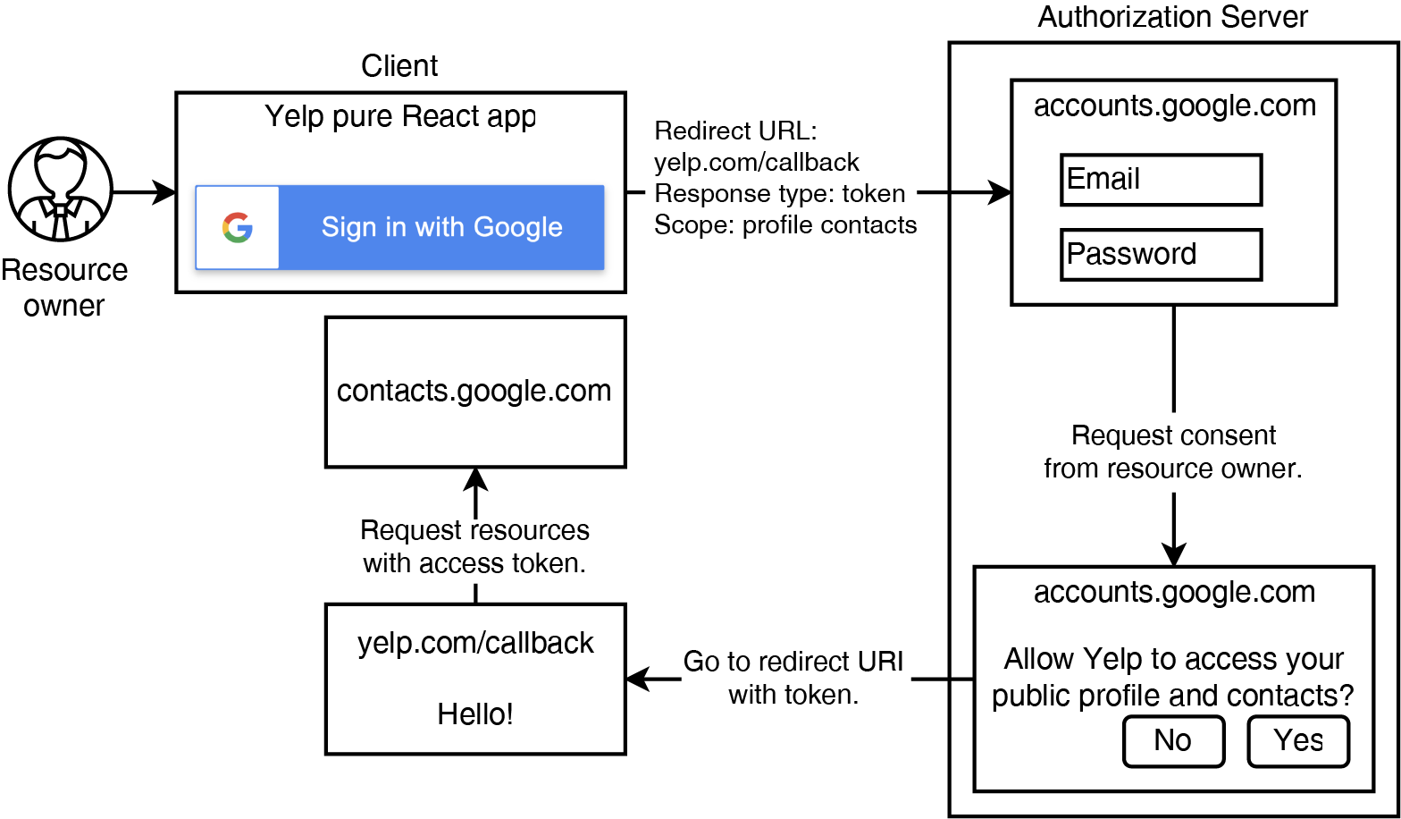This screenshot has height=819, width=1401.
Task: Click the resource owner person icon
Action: [x=61, y=190]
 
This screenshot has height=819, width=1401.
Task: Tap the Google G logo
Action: [x=238, y=227]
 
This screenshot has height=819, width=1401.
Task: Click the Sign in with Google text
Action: [x=441, y=227]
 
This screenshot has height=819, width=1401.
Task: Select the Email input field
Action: [x=1161, y=180]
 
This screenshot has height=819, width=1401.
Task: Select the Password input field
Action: [x=1161, y=255]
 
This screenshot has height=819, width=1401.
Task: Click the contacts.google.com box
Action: [x=474, y=392]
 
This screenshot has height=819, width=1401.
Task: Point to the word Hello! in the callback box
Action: [x=474, y=713]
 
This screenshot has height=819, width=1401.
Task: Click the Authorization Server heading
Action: [x=1172, y=17]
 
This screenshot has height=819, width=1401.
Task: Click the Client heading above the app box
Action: [x=399, y=66]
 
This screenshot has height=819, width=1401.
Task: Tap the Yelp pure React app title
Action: [x=400, y=116]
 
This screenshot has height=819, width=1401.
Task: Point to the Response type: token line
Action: [x=779, y=193]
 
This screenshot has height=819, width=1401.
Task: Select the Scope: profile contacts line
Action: [x=785, y=224]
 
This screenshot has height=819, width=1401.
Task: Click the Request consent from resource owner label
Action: [x=1172, y=452]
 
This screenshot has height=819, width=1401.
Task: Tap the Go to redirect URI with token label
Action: [x=793, y=678]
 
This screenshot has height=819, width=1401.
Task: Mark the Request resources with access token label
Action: [x=474, y=546]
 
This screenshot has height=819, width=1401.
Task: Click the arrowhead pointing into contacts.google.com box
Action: [x=475, y=479]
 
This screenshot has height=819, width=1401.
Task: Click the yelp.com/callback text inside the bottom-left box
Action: [x=474, y=643]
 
